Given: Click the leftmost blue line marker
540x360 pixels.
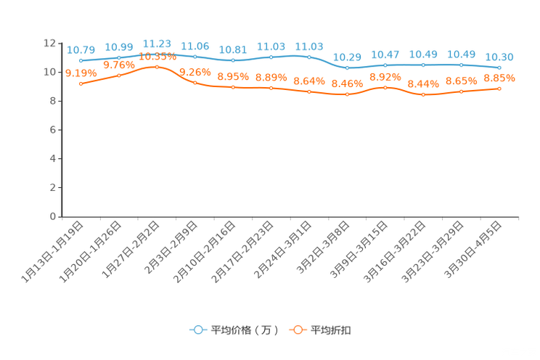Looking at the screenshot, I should [x=81, y=61].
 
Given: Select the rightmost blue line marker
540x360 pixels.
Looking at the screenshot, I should [x=499, y=67].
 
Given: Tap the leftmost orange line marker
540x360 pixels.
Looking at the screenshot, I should [x=81, y=83].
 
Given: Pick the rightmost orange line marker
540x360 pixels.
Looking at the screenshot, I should [x=499, y=89].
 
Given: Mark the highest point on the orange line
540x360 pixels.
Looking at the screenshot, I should [x=157, y=67].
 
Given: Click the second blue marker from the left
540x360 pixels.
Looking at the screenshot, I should [x=119, y=57].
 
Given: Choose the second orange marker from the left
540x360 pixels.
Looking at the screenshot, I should [x=119, y=75].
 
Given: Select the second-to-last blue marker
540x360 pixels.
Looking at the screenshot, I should [x=462, y=65].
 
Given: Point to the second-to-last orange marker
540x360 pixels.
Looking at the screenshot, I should [x=462, y=92].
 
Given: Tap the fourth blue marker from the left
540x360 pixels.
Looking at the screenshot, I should [x=195, y=57].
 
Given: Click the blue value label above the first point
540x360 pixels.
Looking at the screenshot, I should [x=81, y=49].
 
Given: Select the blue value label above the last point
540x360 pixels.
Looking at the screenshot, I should [x=499, y=56].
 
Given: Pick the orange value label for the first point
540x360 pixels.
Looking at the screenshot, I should [x=81, y=73].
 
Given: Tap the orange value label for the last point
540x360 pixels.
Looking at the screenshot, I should [x=499, y=77].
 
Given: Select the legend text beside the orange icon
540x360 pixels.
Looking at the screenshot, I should [x=331, y=330].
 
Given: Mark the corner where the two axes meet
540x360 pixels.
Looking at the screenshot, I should [x=62, y=216].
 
